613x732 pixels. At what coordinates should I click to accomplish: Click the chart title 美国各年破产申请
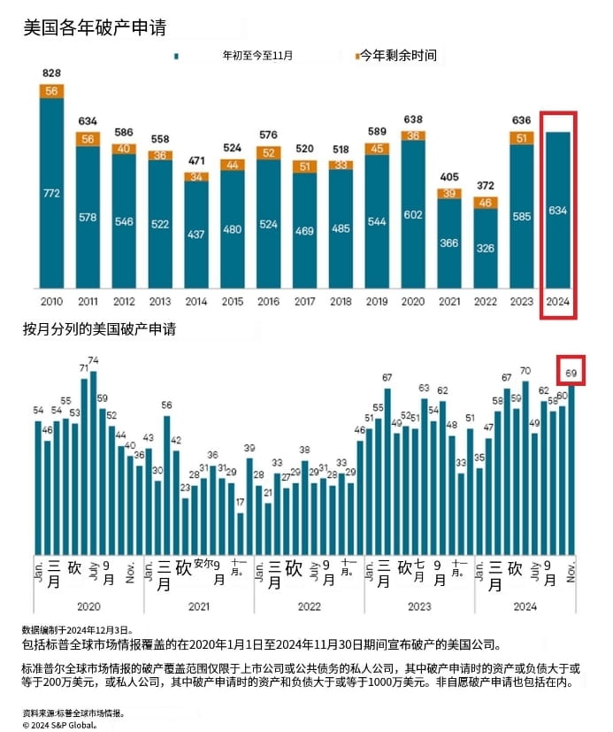point(96,27)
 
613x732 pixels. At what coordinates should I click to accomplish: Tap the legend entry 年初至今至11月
point(257,56)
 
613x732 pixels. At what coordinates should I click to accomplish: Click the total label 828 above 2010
point(51,72)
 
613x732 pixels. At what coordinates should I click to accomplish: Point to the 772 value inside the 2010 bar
point(51,192)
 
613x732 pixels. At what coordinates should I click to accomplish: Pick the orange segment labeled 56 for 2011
point(88,139)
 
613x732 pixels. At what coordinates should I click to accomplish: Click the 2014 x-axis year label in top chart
point(196,300)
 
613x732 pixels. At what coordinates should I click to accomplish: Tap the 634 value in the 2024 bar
point(557,210)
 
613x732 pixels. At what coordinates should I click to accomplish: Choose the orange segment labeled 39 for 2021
point(449,194)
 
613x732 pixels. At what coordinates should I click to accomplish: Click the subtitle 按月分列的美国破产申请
point(99,329)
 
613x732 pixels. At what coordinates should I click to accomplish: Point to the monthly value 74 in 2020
point(93,361)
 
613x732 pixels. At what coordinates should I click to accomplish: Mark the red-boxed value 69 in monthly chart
point(571,374)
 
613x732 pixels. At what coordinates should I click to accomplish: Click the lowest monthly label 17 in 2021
point(240,503)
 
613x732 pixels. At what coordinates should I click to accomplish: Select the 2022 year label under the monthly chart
point(309,606)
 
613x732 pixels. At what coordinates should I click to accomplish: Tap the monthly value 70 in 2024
point(525,371)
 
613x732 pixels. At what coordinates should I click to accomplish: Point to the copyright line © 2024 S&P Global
point(59,722)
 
